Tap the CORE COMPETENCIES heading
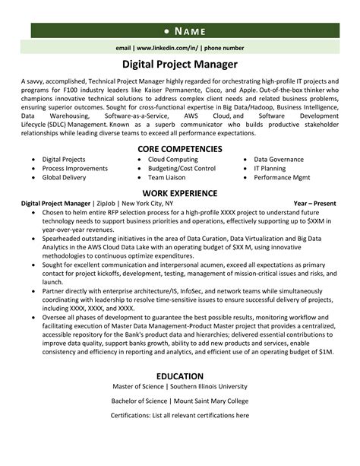pyautogui.click(x=179, y=148)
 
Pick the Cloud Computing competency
pyautogui.click(x=173, y=160)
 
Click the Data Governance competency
pyautogui.click(x=278, y=160)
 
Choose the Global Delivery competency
pyautogui.click(x=65, y=176)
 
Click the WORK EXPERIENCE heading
pyautogui.click(x=180, y=193)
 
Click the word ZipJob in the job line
pyautogui.click(x=106, y=204)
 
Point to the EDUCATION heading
pyautogui.click(x=180, y=377)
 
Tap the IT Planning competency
pyautogui.click(x=273, y=168)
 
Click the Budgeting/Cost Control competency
pyautogui.click(x=182, y=168)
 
